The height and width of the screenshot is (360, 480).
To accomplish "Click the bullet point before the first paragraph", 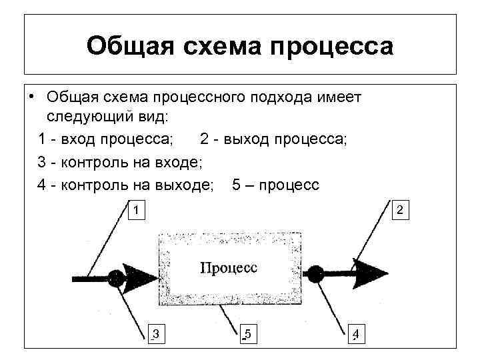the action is pos(31,97).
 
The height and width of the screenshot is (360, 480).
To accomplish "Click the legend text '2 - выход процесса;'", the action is pos(273,140).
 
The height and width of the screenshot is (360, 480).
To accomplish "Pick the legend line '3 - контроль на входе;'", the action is pos(120,162).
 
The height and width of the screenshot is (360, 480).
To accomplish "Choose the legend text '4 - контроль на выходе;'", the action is pos(126,184).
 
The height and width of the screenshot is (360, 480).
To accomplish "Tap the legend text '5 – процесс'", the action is pos(276,184).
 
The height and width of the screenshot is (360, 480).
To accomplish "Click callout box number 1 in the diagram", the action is pos(135,210).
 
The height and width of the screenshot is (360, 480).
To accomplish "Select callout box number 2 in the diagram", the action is pos(399,210).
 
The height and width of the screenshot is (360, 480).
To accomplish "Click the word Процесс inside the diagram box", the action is pos(229,267).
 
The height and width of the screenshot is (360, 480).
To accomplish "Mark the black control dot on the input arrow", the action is pos(116,275).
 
